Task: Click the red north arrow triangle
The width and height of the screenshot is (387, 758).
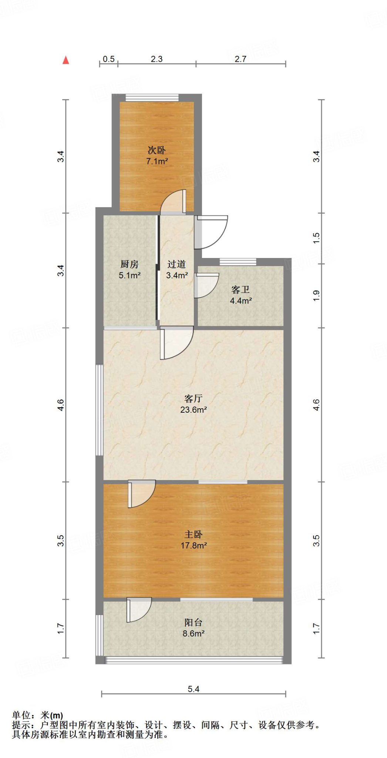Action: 66,60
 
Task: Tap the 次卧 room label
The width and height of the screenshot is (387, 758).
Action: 157,150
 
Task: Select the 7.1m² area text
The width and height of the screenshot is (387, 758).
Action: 157,161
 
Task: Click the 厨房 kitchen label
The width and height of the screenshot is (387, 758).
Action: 129,264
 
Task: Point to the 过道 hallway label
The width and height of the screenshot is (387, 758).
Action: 176,264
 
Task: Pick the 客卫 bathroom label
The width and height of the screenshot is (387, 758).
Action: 240,289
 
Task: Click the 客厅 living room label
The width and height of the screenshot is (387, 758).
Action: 193,398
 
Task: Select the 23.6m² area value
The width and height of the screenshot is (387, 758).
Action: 193,410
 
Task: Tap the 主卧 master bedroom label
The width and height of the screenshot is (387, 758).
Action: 193,534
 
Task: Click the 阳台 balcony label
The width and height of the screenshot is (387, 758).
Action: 193,622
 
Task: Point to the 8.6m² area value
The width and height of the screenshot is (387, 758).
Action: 193,634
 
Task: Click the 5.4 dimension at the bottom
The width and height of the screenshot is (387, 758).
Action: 193,689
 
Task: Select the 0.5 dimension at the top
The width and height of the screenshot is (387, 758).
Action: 108,59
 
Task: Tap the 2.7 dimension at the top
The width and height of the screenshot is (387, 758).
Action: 240,59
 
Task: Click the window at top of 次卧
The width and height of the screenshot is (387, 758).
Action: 152,98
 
